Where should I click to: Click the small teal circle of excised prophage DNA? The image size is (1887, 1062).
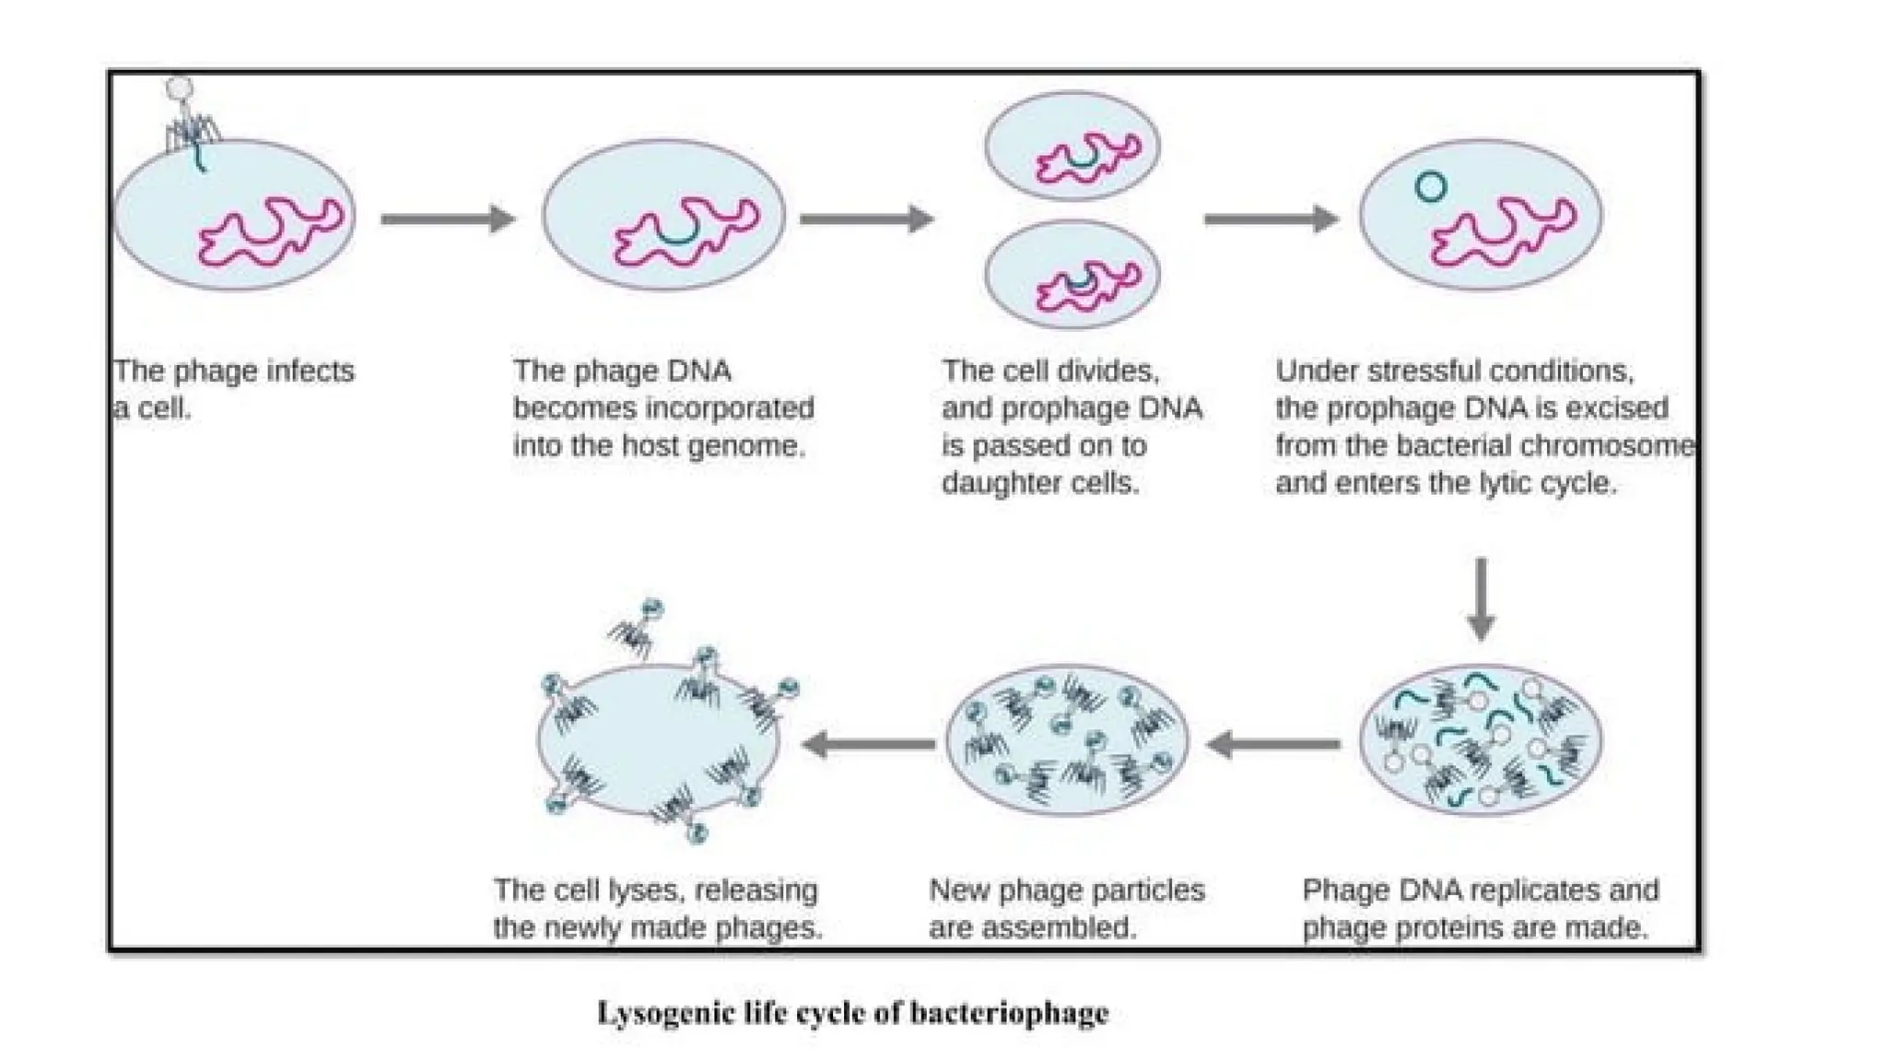coord(1430,187)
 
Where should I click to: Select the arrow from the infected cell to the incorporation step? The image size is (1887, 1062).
coord(447,219)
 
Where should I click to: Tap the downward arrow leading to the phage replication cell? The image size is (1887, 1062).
coord(1481,598)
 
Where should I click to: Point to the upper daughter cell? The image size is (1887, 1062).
coord(1072,146)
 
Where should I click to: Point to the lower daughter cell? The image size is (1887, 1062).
coord(1072,275)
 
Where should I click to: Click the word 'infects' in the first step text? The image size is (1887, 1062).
coord(310,371)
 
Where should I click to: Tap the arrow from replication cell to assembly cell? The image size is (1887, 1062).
coord(1273,743)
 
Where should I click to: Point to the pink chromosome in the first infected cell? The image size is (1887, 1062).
coord(272,230)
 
